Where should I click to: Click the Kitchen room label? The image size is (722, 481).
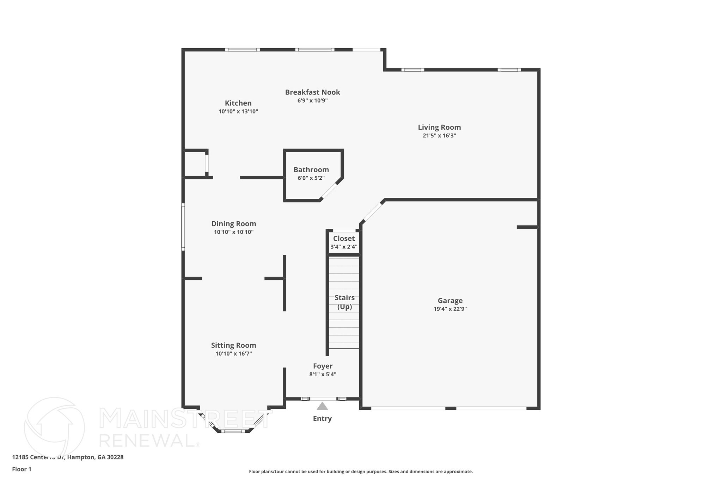[x=238, y=103]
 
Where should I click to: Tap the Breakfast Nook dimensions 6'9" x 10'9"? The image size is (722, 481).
[x=312, y=101]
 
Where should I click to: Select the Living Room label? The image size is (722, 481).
[x=439, y=127]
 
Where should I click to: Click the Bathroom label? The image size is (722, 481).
[x=311, y=170]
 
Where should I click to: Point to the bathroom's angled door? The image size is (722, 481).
[x=329, y=191]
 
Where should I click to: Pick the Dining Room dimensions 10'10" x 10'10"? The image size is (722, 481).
[x=233, y=232]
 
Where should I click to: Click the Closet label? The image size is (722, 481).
[x=344, y=239]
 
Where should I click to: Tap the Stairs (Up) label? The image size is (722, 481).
[x=344, y=302]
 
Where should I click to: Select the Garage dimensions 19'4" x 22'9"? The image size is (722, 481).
[x=450, y=309]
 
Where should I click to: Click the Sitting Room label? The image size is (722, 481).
[x=233, y=345]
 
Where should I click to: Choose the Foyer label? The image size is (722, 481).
[x=323, y=366]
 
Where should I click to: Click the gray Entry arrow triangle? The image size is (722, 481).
[x=322, y=406]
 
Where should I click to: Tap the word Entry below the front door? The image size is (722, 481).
[x=322, y=419]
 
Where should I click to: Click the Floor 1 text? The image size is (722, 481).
[x=22, y=469]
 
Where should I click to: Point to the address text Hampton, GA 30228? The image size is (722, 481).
[x=95, y=457]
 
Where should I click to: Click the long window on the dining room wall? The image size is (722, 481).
[x=183, y=227]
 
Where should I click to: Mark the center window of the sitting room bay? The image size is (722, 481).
[x=233, y=431]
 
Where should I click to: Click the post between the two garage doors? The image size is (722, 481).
[x=451, y=408]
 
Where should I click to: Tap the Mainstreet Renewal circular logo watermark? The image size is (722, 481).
[x=54, y=427]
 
